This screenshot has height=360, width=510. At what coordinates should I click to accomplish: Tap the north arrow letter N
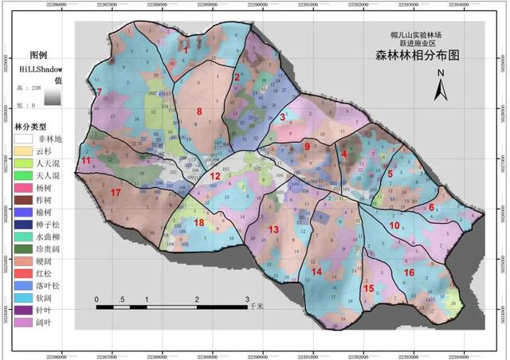(440, 74)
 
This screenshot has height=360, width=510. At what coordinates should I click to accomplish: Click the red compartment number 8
(199, 112)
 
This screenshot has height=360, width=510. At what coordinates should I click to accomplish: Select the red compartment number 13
(273, 229)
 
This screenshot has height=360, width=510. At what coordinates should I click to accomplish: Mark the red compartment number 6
(431, 207)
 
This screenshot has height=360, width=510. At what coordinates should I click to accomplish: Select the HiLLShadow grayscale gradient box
(53, 96)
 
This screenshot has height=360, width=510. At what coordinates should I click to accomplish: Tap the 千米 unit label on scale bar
(256, 306)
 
